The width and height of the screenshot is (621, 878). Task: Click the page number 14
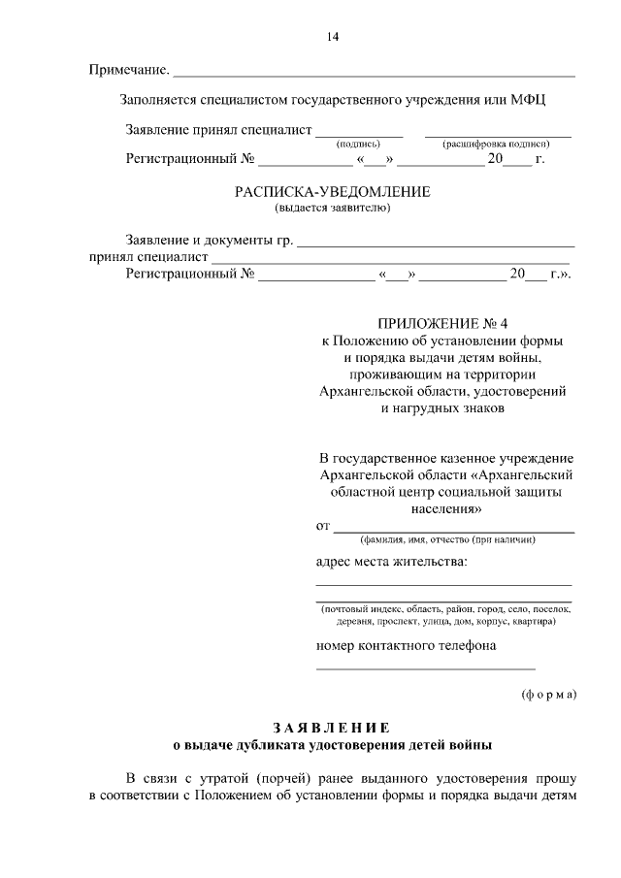coord(333,38)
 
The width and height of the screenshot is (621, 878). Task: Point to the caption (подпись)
coord(358,144)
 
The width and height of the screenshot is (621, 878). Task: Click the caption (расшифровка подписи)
coord(497,144)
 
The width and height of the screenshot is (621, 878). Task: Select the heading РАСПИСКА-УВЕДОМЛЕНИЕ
coord(333,192)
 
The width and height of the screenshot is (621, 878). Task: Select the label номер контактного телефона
coord(407,646)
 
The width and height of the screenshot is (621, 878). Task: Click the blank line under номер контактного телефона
coord(425,667)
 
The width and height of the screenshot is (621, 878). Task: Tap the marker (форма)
coord(548,694)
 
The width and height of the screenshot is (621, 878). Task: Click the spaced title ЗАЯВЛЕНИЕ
coord(332,728)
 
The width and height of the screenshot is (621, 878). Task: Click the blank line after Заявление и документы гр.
coord(436,243)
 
